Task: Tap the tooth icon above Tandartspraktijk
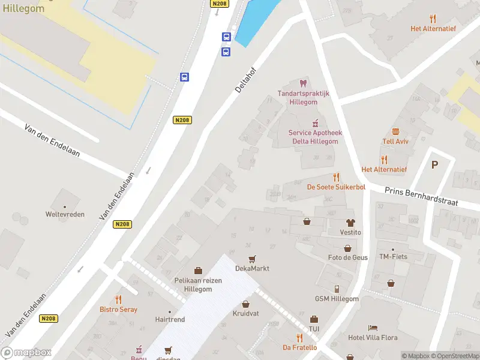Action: pos(302,83)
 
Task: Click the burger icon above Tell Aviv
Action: pos(395,131)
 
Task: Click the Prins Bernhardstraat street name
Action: pos(421,196)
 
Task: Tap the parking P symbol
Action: pos(435,164)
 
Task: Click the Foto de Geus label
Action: pos(348,257)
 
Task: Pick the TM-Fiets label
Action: pos(393,257)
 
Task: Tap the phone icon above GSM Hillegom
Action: pos(337,289)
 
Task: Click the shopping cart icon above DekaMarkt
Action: pos(252,259)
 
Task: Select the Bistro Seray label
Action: pos(118,310)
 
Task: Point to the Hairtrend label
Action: pos(170,320)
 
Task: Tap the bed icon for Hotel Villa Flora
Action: pos(373,328)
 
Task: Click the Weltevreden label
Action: pos(65,214)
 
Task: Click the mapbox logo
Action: pos(26,353)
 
